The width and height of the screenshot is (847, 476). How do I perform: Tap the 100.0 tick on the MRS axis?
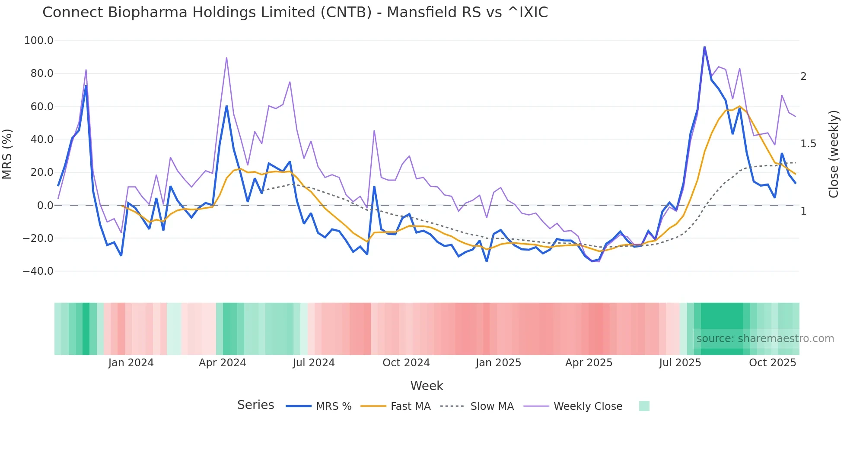click(x=39, y=41)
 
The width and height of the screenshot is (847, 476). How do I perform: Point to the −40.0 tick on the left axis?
click(x=38, y=271)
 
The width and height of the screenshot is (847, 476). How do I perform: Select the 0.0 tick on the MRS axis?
click(x=45, y=206)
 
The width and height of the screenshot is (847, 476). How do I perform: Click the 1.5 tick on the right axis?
click(x=808, y=144)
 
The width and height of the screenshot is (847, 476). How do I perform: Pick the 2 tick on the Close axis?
click(x=803, y=76)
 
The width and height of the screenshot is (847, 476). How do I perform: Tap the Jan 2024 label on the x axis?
click(x=131, y=363)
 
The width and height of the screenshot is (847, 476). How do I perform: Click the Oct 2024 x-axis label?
click(x=406, y=363)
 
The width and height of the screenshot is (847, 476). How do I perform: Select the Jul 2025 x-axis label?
click(x=680, y=363)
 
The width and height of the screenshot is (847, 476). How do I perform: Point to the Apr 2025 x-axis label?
click(x=589, y=363)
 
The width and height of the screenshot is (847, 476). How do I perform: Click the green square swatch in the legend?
click(x=644, y=406)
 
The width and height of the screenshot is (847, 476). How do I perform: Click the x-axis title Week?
click(x=427, y=386)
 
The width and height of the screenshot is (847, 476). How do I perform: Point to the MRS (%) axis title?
click(x=7, y=154)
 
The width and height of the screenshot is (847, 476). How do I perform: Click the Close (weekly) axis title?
click(x=834, y=154)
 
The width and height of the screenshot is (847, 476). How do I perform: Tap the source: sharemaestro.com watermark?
click(x=765, y=339)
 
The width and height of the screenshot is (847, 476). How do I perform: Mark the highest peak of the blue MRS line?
click(x=704, y=47)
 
